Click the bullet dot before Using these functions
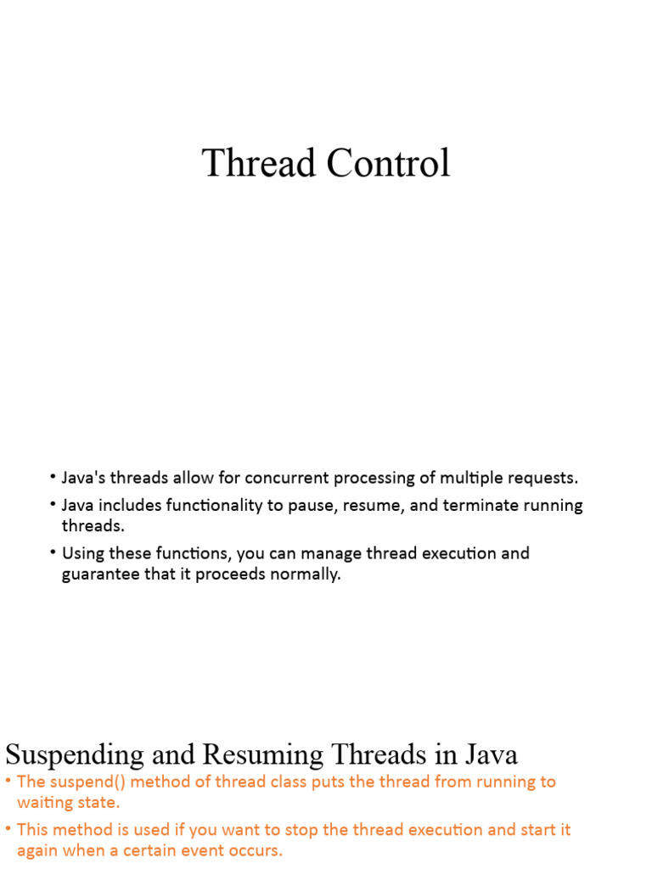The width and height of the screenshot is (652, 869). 53,553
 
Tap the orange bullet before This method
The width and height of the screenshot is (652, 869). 8,829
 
